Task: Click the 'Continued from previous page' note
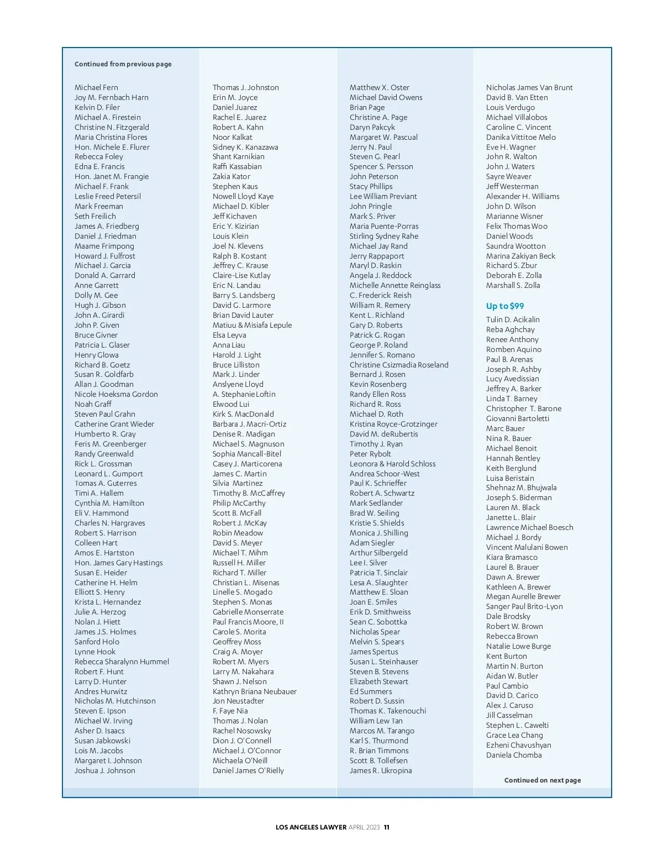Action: point(123,64)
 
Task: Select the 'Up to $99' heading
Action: point(505,306)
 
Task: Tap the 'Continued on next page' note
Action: point(542,780)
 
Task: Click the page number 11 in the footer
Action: point(387,827)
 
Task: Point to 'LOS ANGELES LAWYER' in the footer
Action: point(311,827)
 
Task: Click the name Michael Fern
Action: point(96,87)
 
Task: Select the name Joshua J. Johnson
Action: point(105,770)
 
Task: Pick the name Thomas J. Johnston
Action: point(246,87)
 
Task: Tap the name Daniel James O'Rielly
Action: point(248,770)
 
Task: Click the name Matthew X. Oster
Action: point(380,87)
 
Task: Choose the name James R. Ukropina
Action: point(381,770)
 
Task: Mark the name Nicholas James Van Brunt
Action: point(529,87)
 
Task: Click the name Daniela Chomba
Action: point(514,755)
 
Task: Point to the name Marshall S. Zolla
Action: point(513,285)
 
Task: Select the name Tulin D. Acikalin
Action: point(513,319)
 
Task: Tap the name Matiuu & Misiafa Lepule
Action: point(252,325)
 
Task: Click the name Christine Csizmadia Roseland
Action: point(399,365)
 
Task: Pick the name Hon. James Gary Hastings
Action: point(119,563)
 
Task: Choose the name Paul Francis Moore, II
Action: point(248,622)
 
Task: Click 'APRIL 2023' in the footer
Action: point(364,827)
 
